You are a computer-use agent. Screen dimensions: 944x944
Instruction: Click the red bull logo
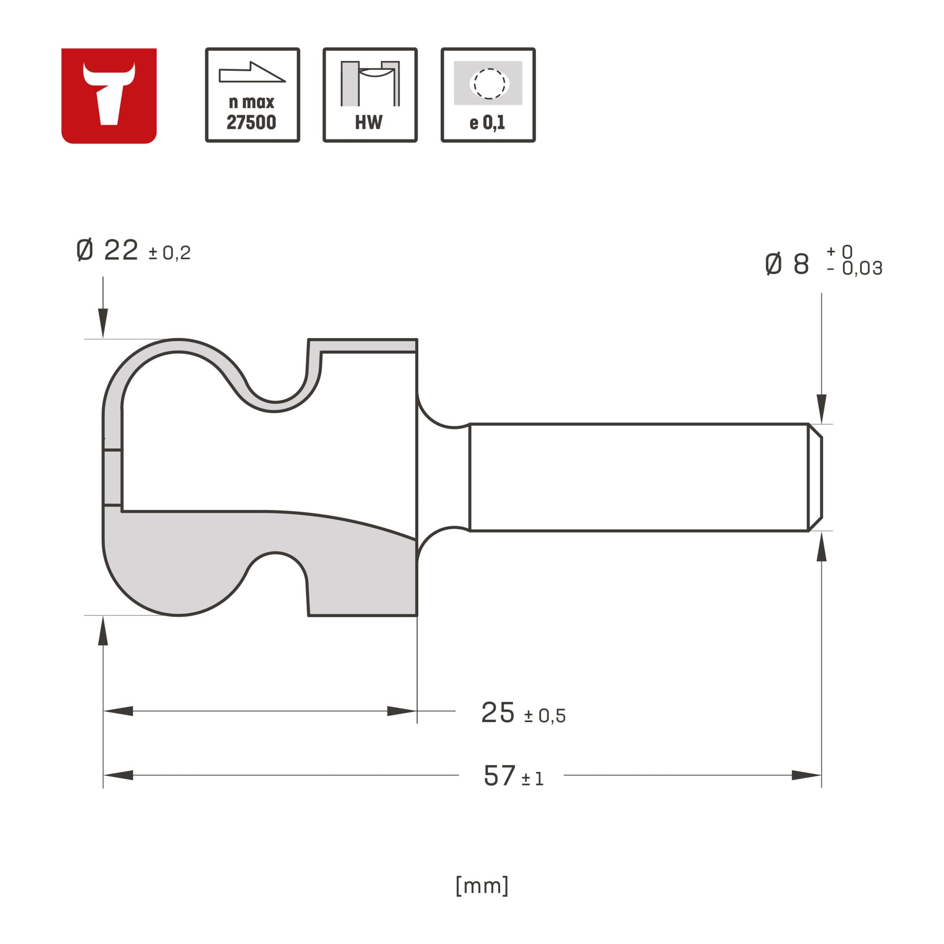coord(109,96)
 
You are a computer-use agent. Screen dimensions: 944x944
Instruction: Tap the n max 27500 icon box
coord(252,95)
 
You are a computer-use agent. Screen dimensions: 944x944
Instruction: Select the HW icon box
coord(370,95)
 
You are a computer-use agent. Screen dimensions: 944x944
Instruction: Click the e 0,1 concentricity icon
coord(488,95)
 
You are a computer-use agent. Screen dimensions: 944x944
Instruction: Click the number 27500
coord(251,122)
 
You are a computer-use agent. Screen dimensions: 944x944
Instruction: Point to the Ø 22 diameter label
coord(108,251)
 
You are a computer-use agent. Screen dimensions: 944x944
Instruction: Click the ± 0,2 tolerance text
coord(169,253)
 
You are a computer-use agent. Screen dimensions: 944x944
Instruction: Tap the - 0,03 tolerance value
coord(855,268)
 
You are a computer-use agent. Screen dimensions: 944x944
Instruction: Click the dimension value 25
coord(497,713)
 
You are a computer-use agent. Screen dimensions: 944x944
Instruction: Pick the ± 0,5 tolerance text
coord(545,716)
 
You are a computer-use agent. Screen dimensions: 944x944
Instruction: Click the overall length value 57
coord(499,775)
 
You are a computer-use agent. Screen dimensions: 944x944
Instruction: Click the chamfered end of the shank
coord(815,477)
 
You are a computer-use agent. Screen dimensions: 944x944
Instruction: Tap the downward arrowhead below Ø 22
coord(103,322)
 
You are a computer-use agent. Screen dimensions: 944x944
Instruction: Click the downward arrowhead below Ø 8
coord(822,408)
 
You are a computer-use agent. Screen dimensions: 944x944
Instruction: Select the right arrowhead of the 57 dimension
coord(806,775)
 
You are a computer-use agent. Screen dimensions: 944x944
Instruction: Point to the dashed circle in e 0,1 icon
coord(489,84)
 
